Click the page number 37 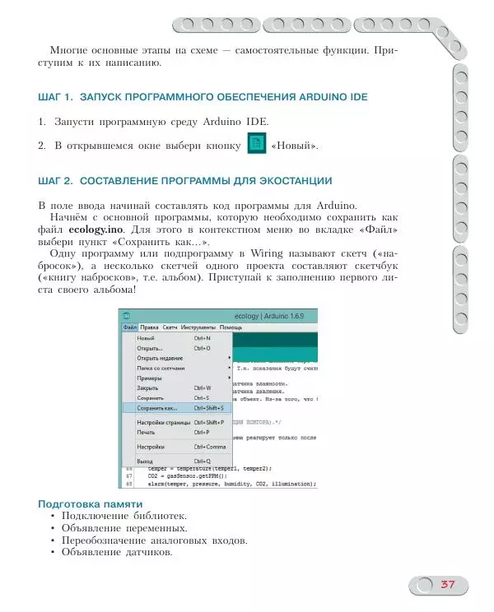coord(447,584)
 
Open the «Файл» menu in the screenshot coord(130,327)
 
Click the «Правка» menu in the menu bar coord(149,327)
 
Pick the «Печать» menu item coord(146,432)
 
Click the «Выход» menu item coord(146,461)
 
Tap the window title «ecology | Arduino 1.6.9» coord(270,315)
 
